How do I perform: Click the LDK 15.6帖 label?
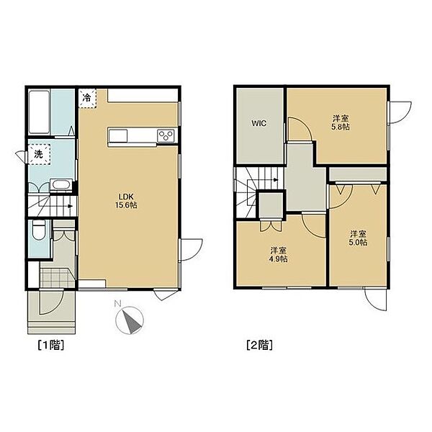click(x=126, y=201)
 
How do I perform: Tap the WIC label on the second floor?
click(x=259, y=123)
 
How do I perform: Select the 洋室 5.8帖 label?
click(x=341, y=123)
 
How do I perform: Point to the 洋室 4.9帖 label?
click(x=279, y=255)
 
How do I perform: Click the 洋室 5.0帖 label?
click(x=358, y=238)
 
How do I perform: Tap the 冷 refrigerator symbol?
click(x=87, y=97)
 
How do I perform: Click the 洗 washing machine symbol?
click(x=39, y=154)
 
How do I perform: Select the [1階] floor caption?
click(x=51, y=345)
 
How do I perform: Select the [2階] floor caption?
click(x=260, y=345)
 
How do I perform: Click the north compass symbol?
click(x=130, y=320)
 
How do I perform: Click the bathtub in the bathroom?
click(x=39, y=112)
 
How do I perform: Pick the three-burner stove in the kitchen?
click(x=166, y=136)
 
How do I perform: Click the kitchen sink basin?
click(x=118, y=135)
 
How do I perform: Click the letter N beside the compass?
click(x=118, y=304)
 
